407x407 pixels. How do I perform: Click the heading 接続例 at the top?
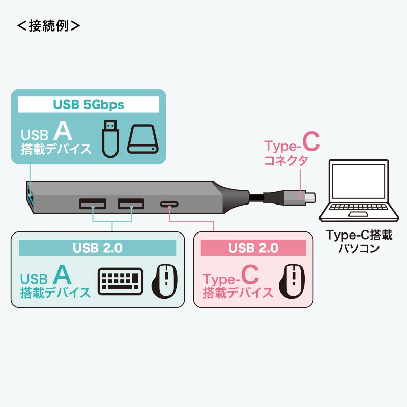click(x=48, y=26)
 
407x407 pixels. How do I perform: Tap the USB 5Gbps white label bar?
click(x=89, y=105)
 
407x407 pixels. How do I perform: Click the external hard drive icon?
click(x=143, y=139)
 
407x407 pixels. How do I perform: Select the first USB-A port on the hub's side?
click(x=93, y=205)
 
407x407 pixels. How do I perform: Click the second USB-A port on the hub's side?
click(x=131, y=205)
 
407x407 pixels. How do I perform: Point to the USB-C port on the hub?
click(x=169, y=205)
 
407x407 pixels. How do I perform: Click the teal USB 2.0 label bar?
click(x=97, y=248)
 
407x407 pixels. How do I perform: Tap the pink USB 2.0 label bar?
click(x=253, y=248)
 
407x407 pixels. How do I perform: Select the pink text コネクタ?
click(x=286, y=161)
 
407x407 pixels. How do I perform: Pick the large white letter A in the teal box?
click(x=63, y=131)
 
